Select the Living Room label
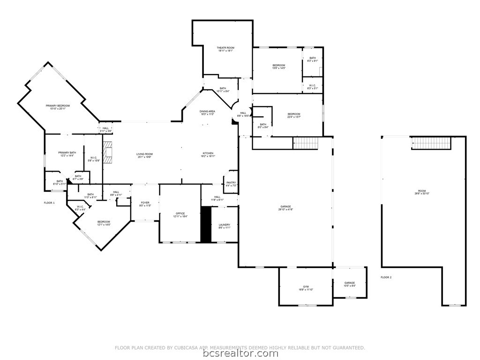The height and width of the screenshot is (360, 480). [x=145, y=155]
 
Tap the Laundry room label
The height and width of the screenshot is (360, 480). [x=225, y=226]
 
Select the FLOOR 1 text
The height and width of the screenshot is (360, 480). [x=49, y=202]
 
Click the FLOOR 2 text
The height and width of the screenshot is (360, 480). [x=386, y=277]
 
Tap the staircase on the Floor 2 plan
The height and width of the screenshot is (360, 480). [x=431, y=142]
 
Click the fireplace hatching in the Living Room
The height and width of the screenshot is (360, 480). [x=109, y=153]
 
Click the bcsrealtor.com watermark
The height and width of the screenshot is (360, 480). [x=240, y=353]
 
